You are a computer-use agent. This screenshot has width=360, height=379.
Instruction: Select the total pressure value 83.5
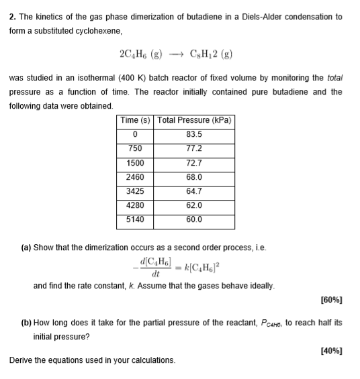pos(195,134)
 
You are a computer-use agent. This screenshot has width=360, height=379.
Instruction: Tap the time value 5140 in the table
pos(136,219)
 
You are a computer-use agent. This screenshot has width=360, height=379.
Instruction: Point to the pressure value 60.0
pos(195,219)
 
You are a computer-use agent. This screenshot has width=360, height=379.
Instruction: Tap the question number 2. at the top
pos(13,16)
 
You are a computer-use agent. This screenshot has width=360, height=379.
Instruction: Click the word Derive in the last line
pos(22,360)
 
